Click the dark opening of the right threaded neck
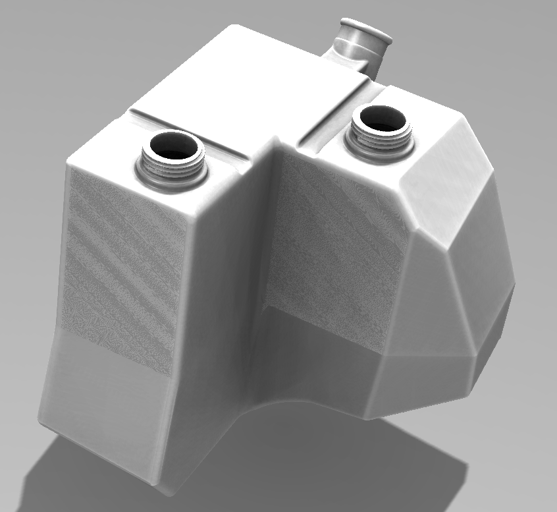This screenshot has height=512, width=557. tap(381, 119)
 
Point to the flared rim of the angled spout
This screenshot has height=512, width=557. tap(366, 29)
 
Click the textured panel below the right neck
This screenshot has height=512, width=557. tap(336, 244)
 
